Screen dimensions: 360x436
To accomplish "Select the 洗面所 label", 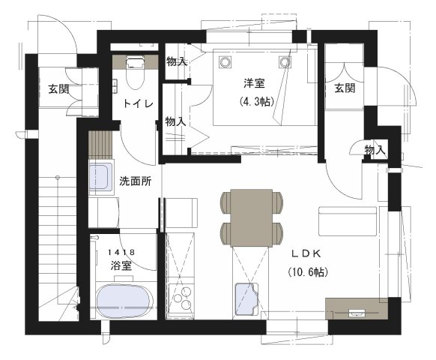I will tap(136, 181).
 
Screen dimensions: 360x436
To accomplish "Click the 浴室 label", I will tap(121, 265).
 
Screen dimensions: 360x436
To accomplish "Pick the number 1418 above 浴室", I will tap(121, 253).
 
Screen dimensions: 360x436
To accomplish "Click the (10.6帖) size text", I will tap(307, 271).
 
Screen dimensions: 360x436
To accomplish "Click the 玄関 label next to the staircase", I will tap(59, 89).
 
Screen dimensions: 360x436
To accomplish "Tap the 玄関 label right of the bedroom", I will tap(344, 88).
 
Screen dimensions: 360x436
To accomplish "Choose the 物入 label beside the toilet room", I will tap(176, 61).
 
